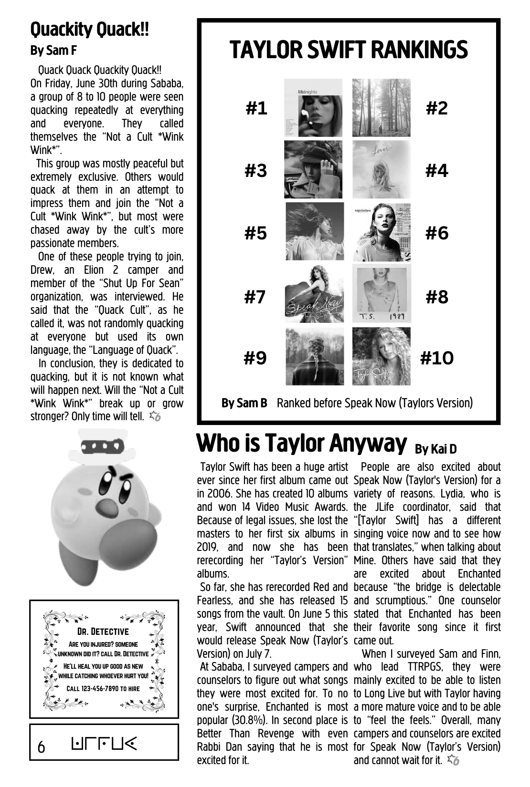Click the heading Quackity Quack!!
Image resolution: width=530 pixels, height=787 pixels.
coord(90,30)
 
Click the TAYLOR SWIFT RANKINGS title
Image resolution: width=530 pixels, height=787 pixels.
coord(349,50)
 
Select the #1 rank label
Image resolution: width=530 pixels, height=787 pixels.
coord(256,109)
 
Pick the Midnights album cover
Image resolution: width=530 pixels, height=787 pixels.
coord(314,108)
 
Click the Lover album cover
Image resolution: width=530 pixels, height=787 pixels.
coord(382,169)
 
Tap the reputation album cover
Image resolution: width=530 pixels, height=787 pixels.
coord(382,232)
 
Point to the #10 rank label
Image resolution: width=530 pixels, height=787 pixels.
coord(437,358)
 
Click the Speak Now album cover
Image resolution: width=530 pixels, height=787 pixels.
coord(314,294)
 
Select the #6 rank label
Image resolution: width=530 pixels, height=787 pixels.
coord(437,233)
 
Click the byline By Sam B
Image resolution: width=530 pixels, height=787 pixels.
coord(244,403)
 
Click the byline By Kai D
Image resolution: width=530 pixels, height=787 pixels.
coord(435,449)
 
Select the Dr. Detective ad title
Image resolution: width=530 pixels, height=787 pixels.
coord(103,632)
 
